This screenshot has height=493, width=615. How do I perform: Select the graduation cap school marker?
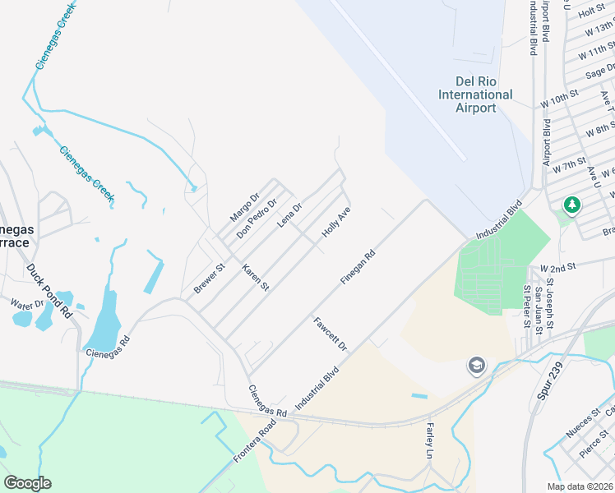click(476, 365)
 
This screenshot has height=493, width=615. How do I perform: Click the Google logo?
click(27, 483)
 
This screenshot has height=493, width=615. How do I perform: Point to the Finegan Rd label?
click(358, 268)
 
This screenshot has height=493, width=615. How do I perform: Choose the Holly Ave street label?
click(336, 223)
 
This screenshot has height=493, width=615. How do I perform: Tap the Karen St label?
click(255, 277)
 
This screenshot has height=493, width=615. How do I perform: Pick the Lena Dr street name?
click(289, 216)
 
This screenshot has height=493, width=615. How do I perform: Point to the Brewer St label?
click(209, 279)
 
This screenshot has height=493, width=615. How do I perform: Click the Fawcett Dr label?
click(331, 334)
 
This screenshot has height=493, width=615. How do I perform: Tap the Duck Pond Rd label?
click(49, 291)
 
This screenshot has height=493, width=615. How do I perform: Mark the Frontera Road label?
click(252, 444)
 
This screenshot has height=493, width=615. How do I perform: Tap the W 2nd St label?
click(559, 269)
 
